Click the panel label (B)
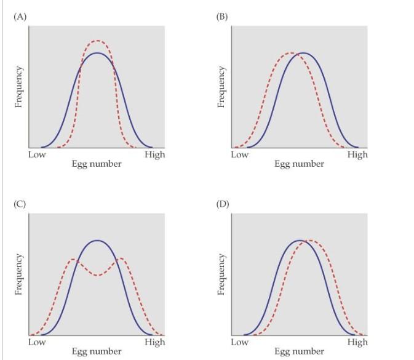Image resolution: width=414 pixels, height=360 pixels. point(221,16)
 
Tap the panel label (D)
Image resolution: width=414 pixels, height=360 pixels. point(222,204)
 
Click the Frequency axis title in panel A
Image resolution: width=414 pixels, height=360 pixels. point(19,87)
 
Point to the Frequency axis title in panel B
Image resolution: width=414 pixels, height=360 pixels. point(222,87)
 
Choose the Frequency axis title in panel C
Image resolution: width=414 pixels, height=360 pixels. point(19,274)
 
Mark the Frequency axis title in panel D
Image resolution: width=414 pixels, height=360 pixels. point(222,274)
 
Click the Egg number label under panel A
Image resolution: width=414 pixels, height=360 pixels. point(97,164)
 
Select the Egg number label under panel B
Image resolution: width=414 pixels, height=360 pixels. point(299,164)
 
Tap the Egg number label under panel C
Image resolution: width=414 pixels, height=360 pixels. point(97,351)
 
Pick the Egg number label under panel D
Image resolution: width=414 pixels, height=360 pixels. point(299,351)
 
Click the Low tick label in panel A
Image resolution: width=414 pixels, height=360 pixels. point(37,154)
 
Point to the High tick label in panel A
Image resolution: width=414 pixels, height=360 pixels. point(154,154)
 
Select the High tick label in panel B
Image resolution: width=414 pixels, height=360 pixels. point(357,154)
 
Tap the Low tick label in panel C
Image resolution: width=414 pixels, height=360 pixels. point(37,342)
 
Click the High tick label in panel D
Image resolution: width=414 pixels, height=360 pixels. point(357,342)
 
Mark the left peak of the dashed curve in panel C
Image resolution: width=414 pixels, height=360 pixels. point(73,259)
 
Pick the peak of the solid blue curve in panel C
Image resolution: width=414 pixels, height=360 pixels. point(97,240)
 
